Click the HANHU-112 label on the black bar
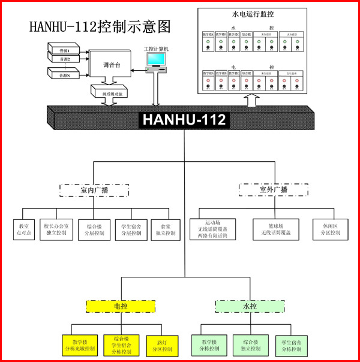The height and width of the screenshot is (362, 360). [184, 120]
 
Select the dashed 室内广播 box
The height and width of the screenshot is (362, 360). [94, 190]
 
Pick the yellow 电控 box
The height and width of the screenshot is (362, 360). [121, 306]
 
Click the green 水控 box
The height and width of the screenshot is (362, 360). [250, 306]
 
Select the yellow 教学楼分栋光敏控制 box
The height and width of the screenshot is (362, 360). [80, 345]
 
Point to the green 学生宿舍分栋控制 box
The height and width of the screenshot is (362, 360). [292, 345]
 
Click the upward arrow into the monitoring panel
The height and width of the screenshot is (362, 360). [251, 99]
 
